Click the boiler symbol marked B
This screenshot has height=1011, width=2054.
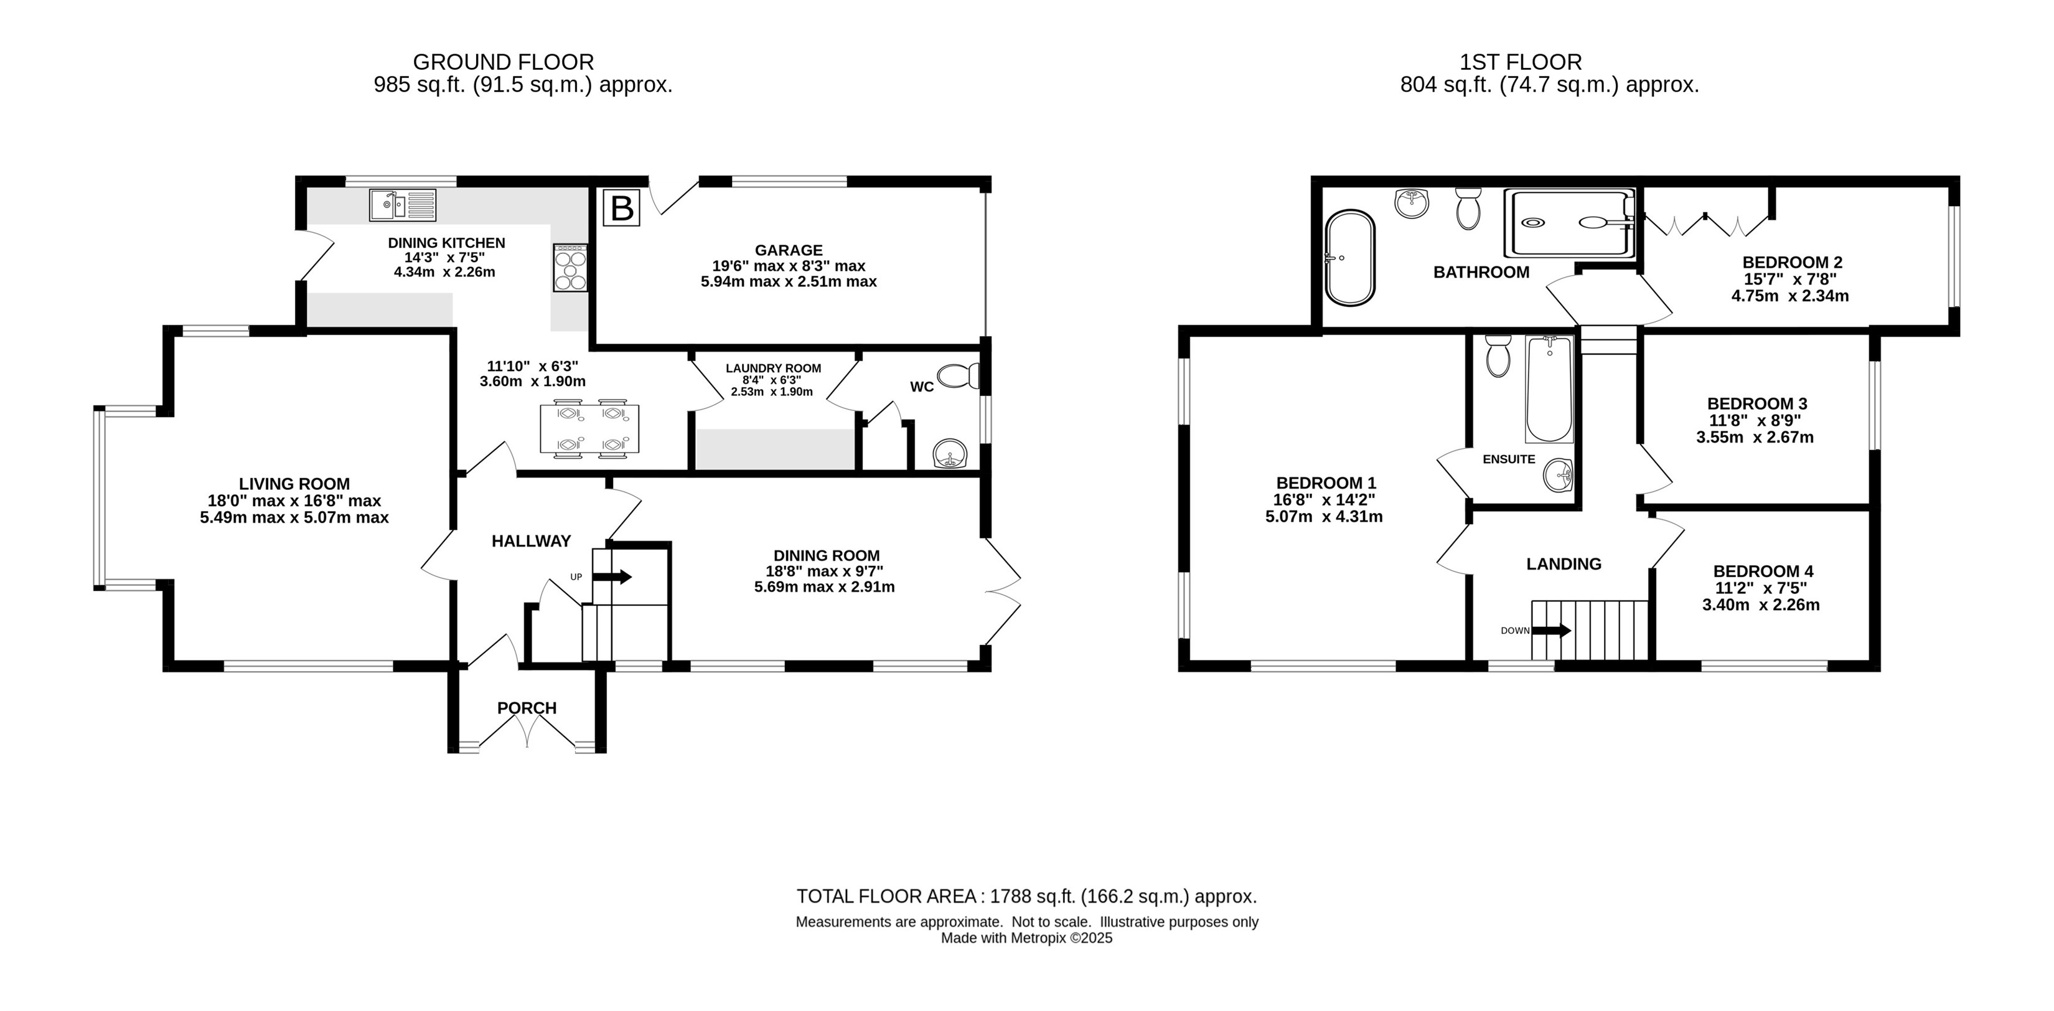coord(621,207)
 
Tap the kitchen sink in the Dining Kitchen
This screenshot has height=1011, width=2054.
coord(403,204)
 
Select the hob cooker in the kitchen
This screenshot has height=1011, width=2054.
coord(571,268)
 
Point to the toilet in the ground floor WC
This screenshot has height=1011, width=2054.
coord(959,375)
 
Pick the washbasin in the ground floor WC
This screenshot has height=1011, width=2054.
coord(950,454)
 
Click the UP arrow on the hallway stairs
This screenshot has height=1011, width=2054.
coord(612,576)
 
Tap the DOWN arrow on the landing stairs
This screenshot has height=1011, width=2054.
coord(1552,631)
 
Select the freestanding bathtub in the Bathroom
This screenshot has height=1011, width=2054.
coord(1350,258)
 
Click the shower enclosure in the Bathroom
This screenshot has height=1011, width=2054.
coord(1569,223)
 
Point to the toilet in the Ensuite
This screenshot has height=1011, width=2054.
coord(1498,355)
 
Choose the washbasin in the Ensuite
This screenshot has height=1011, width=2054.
coord(1559,475)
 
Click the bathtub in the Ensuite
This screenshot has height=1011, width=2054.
coord(1549,389)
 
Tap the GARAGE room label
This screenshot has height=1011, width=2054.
coord(789,250)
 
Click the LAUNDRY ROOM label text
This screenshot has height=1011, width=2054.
coord(774,369)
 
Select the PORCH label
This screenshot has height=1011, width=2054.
coord(527,708)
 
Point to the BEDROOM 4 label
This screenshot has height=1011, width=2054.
coord(1763,571)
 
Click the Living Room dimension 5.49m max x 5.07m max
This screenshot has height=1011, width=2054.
coord(294,517)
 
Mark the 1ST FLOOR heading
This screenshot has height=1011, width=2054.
coord(1521,62)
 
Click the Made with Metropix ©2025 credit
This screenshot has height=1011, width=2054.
coord(1027,938)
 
